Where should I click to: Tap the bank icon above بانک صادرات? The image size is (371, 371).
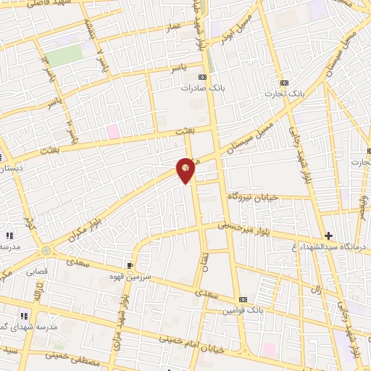[x=202, y=77]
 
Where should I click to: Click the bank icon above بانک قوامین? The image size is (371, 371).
[x=243, y=299]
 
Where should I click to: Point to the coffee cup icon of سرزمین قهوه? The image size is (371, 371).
[x=130, y=266]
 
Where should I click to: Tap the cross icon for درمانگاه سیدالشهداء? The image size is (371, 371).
[x=328, y=235]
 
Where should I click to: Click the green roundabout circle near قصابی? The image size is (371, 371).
[x=47, y=250]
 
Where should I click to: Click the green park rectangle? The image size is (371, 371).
[x=64, y=57]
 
